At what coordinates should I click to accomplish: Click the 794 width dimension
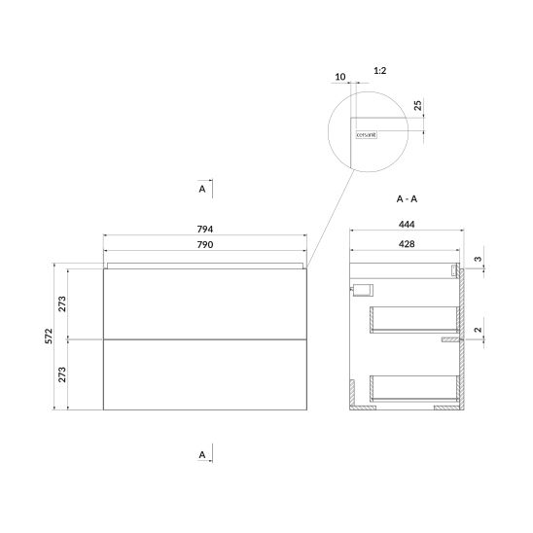205,230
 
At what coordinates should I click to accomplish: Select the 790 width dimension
205,245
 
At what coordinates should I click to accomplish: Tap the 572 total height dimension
49,336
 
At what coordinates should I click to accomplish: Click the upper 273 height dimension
62,303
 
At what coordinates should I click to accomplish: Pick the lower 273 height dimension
62,374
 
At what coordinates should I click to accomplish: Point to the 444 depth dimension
407,225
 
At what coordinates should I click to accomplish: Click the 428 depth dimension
407,244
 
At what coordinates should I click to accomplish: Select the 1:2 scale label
380,71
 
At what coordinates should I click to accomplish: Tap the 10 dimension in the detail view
340,77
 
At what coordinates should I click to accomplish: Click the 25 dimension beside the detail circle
418,105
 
